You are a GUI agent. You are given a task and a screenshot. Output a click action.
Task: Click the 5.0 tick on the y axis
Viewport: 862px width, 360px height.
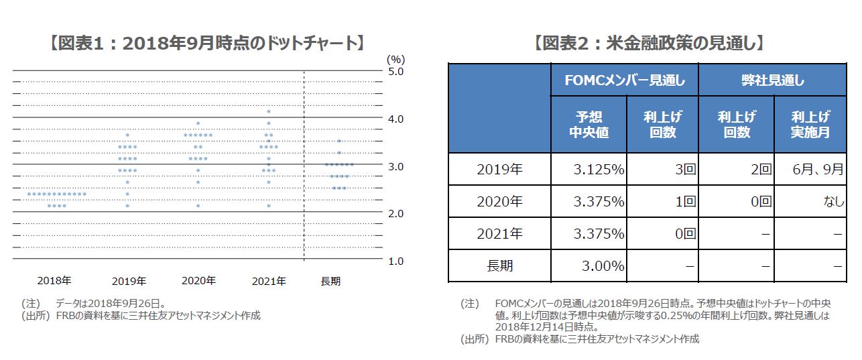pos(396,71)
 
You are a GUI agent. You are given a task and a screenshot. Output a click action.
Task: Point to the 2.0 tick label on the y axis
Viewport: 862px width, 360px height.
pos(396,213)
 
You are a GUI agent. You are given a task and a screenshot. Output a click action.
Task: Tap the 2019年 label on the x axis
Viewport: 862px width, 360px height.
pos(128,281)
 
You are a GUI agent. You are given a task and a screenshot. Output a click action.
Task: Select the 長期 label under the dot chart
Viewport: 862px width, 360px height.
pos(330,282)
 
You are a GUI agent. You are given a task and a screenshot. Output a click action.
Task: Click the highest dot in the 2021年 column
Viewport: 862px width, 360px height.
pos(269,112)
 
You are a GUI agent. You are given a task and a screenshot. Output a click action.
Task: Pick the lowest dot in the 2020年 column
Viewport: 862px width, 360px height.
pos(198,206)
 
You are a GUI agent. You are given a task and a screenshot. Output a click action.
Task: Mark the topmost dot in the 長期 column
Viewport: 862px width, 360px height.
pos(340,141)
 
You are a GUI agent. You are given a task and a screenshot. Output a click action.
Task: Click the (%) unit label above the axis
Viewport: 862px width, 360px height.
pos(395,59)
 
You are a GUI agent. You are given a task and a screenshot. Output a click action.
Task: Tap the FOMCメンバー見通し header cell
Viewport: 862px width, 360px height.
pos(625,80)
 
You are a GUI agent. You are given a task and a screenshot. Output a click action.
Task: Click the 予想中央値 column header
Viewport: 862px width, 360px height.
pos(589,125)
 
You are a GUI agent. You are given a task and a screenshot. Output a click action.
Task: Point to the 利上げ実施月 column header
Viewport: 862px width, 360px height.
pos(810,125)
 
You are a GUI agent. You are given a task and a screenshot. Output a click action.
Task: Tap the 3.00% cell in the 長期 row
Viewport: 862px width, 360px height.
pos(603,266)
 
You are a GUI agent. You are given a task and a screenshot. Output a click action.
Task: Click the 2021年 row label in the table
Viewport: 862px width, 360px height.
pos(499,234)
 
